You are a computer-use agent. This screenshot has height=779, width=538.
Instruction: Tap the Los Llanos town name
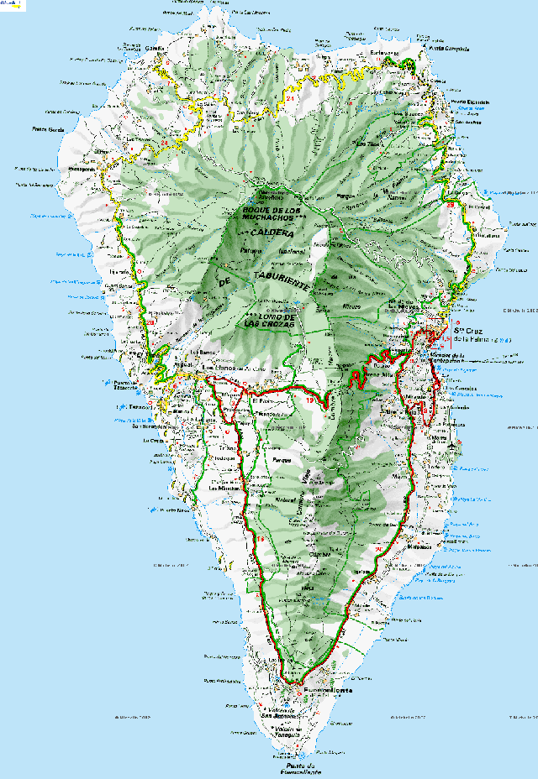point(220,368)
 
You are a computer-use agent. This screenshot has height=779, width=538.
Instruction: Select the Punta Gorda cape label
point(48,128)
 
